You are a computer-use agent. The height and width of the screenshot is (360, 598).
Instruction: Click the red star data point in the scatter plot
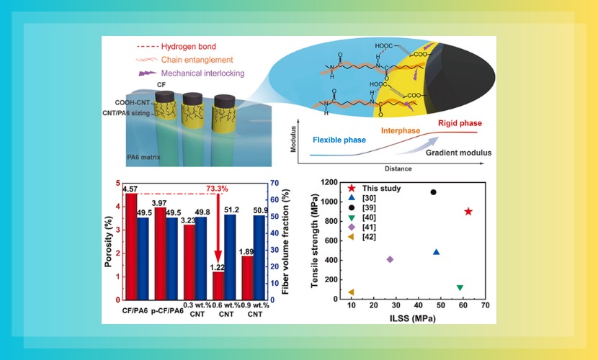468,211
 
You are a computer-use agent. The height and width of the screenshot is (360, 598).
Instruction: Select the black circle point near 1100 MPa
433,192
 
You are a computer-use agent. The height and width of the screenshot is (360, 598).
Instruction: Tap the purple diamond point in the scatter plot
390,259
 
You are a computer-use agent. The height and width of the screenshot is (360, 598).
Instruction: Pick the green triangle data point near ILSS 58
460,288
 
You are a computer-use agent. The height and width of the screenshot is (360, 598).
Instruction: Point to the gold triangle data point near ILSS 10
351,292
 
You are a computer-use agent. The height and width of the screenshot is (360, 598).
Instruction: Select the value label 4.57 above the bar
130,189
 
